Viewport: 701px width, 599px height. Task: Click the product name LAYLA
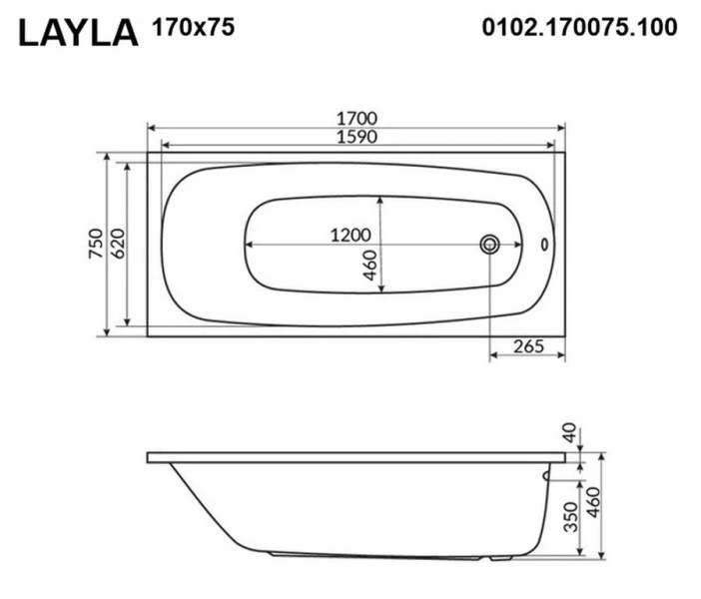coord(78,32)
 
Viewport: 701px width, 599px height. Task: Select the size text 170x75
coord(193,28)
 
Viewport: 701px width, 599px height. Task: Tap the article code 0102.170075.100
coord(579,28)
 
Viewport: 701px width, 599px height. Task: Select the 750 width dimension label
coord(96,245)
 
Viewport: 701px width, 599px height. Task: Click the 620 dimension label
coord(117,245)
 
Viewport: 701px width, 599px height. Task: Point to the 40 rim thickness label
coord(570,433)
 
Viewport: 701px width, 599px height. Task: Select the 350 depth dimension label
coord(569,515)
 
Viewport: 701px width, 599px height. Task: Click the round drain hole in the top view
coord(490,244)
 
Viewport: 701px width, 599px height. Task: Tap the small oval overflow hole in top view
coord(545,244)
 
